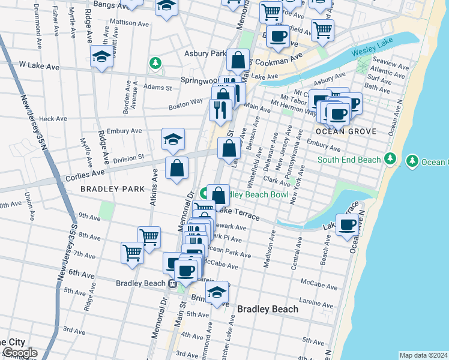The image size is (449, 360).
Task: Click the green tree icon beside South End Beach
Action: coord(391,158)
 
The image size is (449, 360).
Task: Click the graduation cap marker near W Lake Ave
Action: coord(102,58)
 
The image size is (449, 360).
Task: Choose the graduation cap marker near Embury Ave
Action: coord(173,140)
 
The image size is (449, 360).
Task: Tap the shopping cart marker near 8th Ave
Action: coord(149,237)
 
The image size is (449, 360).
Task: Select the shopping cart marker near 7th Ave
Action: coord(132,252)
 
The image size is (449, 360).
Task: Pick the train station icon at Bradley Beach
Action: coord(172,284)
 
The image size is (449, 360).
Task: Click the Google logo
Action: coord(19,353)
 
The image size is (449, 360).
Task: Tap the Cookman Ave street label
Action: coord(280,61)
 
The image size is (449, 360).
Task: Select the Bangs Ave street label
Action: coord(99,5)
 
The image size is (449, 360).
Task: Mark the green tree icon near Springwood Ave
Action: coord(155,63)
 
